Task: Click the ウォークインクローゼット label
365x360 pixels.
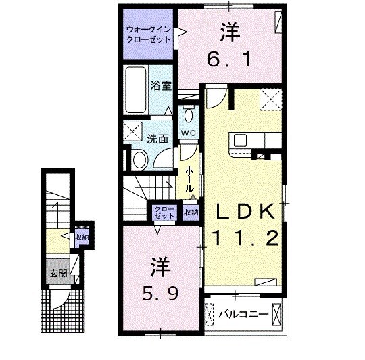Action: (x=148, y=35)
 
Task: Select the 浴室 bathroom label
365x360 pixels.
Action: (x=160, y=87)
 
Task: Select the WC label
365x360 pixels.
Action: (x=189, y=133)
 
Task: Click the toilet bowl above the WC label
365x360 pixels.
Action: (x=189, y=110)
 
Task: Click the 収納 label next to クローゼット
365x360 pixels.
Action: (x=191, y=212)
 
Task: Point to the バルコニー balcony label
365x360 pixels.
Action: (x=244, y=314)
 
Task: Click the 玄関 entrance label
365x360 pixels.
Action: (x=57, y=275)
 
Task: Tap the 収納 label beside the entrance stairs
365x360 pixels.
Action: (x=82, y=237)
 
